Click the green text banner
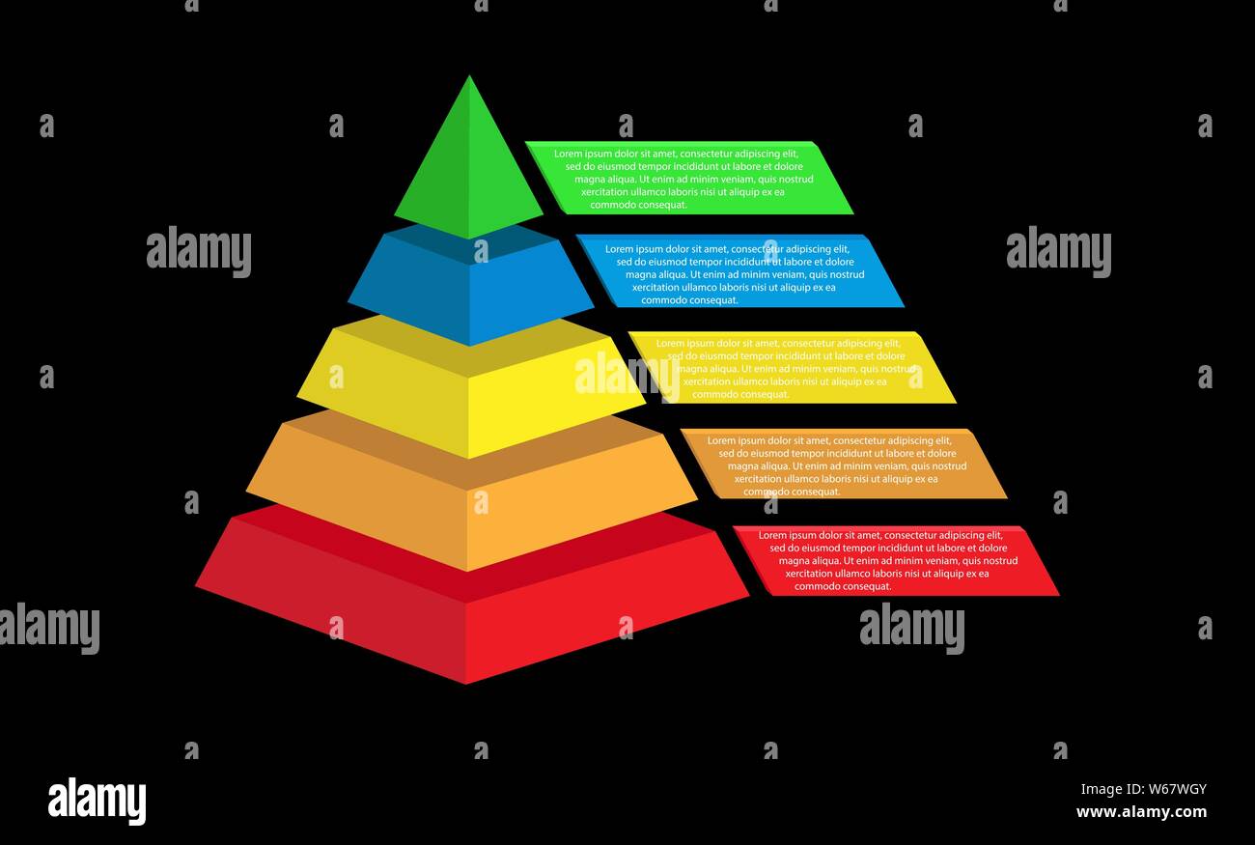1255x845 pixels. [x=689, y=178]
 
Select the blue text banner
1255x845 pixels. [x=740, y=272]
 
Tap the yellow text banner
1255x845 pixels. [x=792, y=368]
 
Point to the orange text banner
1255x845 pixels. [x=843, y=465]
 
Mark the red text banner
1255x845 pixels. [x=895, y=560]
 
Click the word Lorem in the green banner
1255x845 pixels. [x=568, y=154]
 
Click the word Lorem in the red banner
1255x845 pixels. [x=772, y=535]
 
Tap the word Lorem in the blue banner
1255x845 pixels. [x=619, y=249]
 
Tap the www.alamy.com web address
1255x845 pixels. [x=1141, y=812]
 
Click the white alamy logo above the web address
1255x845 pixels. [x=97, y=802]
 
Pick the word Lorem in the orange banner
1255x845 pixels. [x=721, y=440]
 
